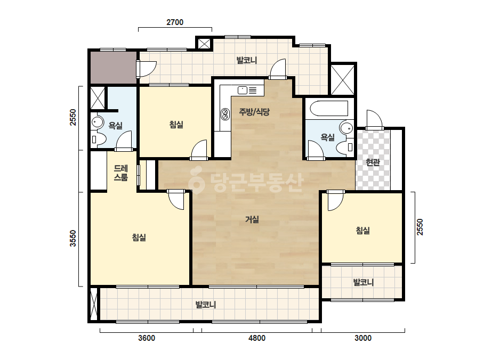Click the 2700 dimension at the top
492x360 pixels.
pos(175,22)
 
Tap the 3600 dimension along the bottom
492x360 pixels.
pos(147,338)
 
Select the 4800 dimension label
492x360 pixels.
pos(257,338)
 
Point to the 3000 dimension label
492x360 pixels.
pos(363,338)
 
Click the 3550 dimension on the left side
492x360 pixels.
pos(73,239)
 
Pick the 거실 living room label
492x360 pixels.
pos(252,219)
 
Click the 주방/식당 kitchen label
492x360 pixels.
pos(254,112)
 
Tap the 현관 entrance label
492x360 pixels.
pos(373,162)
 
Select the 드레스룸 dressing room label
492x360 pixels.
pos(121,173)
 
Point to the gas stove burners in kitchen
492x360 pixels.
pos(224,114)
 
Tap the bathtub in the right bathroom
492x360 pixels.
pos(329,109)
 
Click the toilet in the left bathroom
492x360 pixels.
pos(99,139)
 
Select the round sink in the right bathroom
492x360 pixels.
pos(346,128)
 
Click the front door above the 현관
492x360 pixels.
pos(374,120)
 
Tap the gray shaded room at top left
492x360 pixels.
pos(114,68)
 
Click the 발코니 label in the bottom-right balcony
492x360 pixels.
pos(364,282)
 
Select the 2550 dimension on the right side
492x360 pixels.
pos(420,227)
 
